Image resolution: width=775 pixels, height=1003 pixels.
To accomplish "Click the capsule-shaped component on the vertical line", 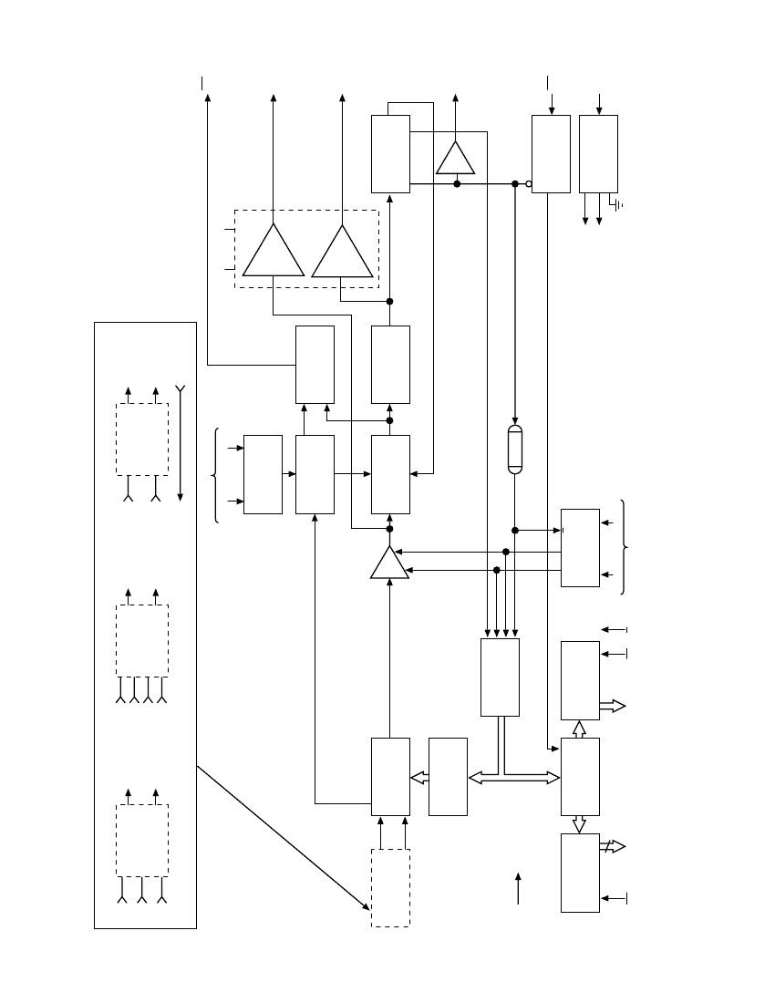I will [515, 449].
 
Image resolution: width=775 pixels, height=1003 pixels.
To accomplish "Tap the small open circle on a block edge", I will [529, 183].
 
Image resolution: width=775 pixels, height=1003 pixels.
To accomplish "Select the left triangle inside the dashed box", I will [274, 251].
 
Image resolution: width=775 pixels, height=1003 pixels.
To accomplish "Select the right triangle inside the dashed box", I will [343, 253].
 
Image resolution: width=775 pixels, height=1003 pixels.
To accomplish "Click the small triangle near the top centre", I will [456, 159].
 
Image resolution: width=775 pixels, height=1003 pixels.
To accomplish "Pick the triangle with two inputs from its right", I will [389, 564].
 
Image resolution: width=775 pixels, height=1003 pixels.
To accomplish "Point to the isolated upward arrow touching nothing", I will [518, 887].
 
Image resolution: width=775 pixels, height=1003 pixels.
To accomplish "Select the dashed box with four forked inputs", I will [142, 638].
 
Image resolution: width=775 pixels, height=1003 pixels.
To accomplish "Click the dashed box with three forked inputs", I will [142, 839].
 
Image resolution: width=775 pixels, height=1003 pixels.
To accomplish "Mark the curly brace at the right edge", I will [624, 547].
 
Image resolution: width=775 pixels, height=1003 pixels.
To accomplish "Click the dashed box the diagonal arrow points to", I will [390, 887].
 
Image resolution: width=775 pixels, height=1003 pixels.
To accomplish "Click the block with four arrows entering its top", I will [500, 677].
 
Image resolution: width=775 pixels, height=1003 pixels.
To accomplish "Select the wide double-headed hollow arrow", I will [513, 777].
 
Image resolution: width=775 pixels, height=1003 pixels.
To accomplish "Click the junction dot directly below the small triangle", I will [456, 183].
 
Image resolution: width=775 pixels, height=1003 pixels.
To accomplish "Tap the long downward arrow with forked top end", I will [181, 442].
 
